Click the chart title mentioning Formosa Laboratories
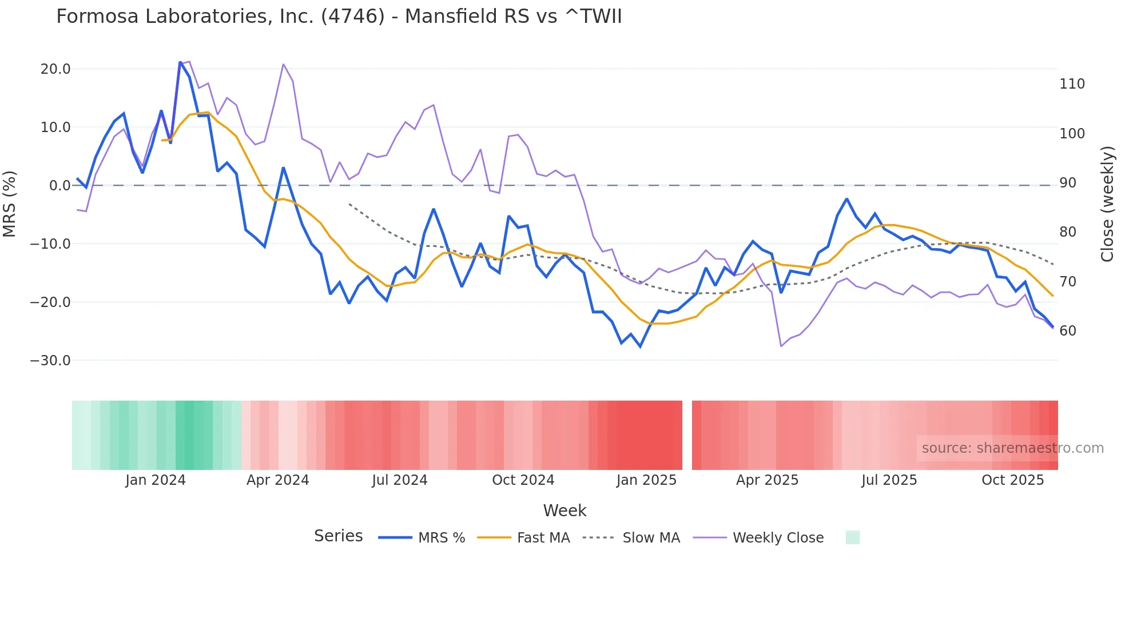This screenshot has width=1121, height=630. tap(339, 17)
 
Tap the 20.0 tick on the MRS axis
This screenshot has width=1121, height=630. tap(55, 69)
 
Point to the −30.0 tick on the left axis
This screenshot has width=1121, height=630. tap(50, 361)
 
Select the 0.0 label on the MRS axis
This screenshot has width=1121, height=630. tap(59, 186)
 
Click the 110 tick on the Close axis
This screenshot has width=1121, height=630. tap(1072, 84)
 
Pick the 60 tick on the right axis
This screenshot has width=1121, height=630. tap(1067, 331)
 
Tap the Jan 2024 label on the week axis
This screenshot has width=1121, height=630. tap(156, 480)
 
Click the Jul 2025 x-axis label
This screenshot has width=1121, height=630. tap(889, 480)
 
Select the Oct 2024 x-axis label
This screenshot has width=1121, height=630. tap(523, 480)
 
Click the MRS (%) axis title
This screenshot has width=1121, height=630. tap(10, 204)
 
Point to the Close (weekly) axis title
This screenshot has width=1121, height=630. tap(1107, 204)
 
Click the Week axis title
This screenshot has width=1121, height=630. tap(565, 511)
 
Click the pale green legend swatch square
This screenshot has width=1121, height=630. tap(852, 537)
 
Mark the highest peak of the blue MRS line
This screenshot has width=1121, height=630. tap(180, 62)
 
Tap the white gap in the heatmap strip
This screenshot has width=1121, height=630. tap(687, 435)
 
